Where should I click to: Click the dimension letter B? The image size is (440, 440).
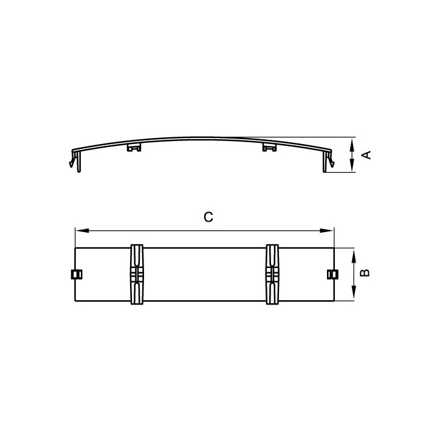[365, 273]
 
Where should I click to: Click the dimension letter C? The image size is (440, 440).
[208, 217]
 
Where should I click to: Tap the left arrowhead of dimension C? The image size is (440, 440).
[82, 231]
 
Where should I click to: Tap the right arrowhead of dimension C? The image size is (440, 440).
[327, 231]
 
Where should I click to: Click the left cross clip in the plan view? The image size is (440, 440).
[137, 275]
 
